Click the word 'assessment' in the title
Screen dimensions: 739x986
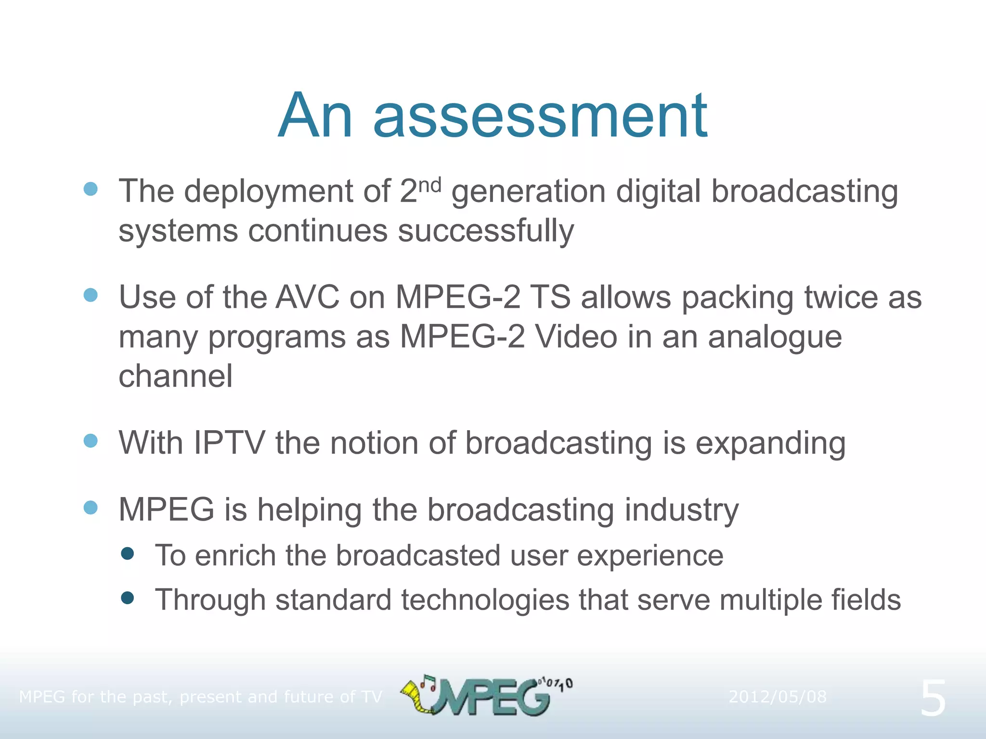(540, 117)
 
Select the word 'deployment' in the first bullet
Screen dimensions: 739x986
(269, 192)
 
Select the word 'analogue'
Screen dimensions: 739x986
(775, 337)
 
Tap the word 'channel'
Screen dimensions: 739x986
(176, 376)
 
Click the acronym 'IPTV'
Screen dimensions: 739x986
(229, 443)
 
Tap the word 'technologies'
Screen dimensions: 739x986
(485, 601)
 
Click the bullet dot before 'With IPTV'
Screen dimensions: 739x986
(91, 441)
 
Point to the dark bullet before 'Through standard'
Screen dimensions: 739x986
(128, 598)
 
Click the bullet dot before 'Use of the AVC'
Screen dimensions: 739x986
(91, 295)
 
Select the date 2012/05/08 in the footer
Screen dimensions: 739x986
(777, 697)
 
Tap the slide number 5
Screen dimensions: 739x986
(933, 699)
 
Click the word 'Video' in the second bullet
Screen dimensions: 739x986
(576, 337)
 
